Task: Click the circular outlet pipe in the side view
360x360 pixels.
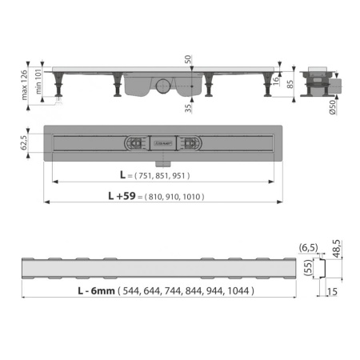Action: click(x=165, y=86)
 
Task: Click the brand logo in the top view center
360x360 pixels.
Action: click(x=165, y=144)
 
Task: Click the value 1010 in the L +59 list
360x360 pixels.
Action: click(x=190, y=196)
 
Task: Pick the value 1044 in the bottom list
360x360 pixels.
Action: click(x=238, y=291)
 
